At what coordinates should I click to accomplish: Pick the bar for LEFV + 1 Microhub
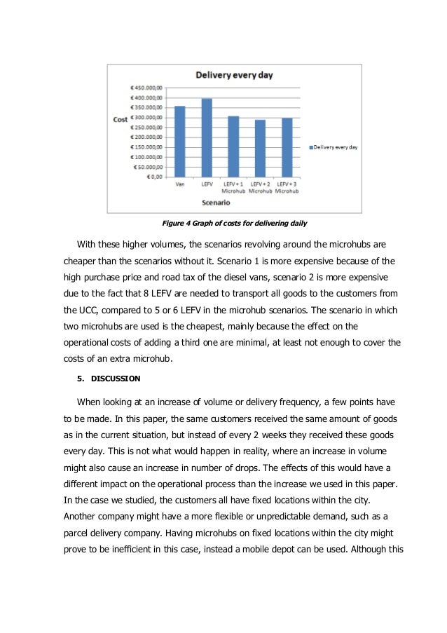tap(233, 147)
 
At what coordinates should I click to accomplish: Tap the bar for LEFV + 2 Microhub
tap(260, 149)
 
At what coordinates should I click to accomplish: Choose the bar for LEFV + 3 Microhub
tap(286, 148)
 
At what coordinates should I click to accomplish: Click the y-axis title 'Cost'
tap(121, 120)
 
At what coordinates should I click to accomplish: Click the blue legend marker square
tap(310, 148)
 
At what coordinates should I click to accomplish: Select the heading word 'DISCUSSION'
tap(116, 379)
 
